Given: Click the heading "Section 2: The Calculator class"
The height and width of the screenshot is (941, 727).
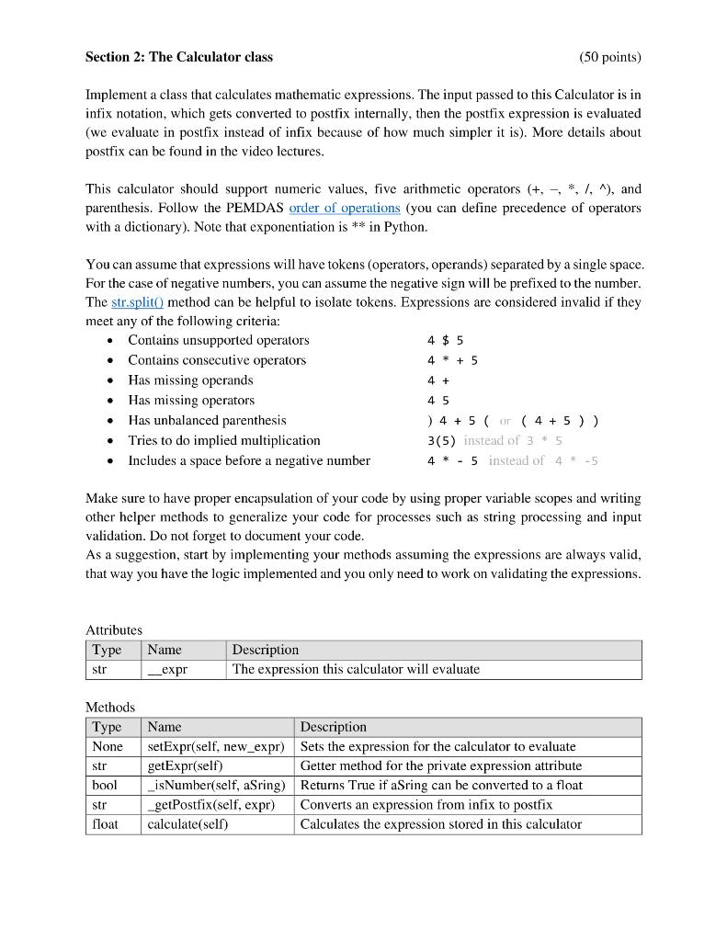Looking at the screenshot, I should click(178, 57).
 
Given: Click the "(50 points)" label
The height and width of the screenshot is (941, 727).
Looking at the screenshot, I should click(609, 57).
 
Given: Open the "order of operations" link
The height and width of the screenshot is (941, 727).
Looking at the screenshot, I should click(345, 208).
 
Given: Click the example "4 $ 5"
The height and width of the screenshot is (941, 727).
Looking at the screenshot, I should click(445, 340).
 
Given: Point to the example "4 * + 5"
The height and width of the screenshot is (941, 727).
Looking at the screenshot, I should click(452, 360).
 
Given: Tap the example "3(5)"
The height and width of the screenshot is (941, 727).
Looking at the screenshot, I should click(442, 440).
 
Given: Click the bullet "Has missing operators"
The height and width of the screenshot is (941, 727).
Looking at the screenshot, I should click(191, 401).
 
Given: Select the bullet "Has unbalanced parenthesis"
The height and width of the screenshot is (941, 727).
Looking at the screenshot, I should click(207, 420).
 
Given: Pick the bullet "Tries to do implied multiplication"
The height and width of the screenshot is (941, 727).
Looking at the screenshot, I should click(224, 440).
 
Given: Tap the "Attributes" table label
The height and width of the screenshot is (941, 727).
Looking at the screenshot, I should click(114, 630).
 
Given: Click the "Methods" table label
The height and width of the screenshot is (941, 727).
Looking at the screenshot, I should click(110, 708).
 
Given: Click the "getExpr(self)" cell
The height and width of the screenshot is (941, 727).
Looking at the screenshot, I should click(187, 765).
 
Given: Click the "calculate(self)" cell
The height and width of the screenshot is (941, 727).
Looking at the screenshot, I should click(187, 824).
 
